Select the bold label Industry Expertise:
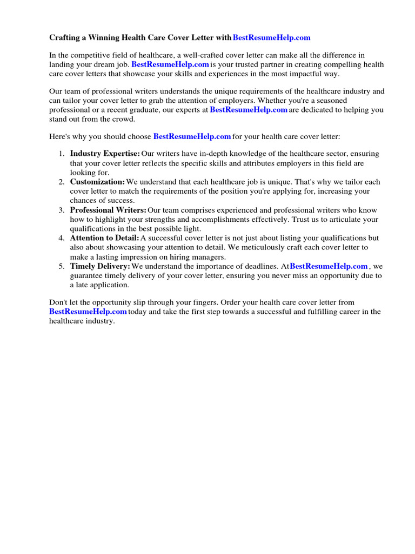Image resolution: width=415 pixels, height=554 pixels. click(105, 154)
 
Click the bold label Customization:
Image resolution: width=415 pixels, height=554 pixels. click(97, 182)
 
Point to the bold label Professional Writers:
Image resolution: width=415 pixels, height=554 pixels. click(108, 210)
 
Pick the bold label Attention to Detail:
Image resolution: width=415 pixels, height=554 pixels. click(104, 238)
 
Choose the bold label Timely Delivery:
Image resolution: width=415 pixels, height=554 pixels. click(100, 266)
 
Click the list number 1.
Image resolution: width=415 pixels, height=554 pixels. click(62, 154)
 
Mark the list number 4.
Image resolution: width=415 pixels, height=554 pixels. click(62, 238)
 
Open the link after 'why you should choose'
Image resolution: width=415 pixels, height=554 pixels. click(192, 136)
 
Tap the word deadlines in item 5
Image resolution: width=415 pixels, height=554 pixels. click(258, 266)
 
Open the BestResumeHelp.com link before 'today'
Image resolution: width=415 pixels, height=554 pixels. click(88, 312)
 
